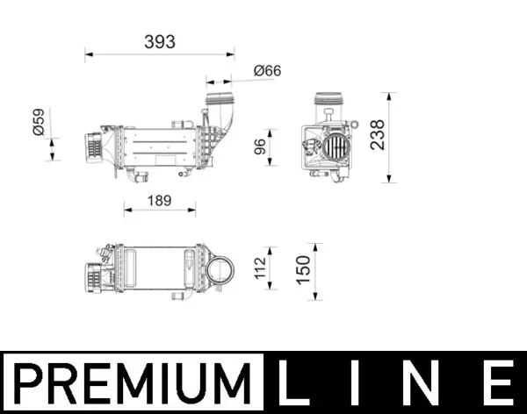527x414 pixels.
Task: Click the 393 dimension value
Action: (161, 41)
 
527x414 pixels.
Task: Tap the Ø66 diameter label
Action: (266, 71)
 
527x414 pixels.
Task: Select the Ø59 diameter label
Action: (38, 122)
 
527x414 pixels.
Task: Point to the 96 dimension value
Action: (260, 146)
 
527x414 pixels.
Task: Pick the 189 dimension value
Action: (158, 201)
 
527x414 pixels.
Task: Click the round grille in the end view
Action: (333, 146)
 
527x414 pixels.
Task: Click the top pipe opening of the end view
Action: (330, 98)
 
